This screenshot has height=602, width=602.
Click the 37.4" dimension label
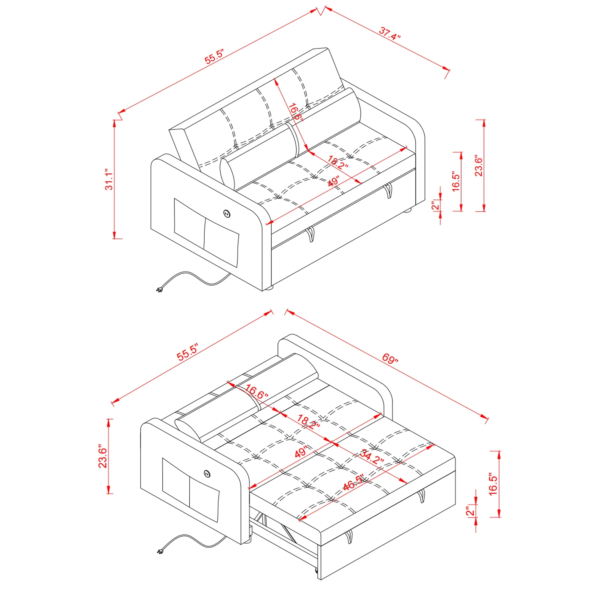pos(389,33)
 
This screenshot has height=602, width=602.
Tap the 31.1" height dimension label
pos(109,179)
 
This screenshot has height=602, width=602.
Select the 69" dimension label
pos(390,358)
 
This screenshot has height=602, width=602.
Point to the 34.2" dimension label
pos(372,457)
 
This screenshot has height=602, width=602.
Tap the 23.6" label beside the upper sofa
pos(479,167)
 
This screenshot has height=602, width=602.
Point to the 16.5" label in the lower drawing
pos(493,485)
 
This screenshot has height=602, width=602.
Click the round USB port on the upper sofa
pos(227,213)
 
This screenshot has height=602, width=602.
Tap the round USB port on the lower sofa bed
pos(207,473)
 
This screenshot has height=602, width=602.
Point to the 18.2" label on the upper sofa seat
pos(338,162)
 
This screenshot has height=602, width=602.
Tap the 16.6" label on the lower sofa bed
pos(256,392)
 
